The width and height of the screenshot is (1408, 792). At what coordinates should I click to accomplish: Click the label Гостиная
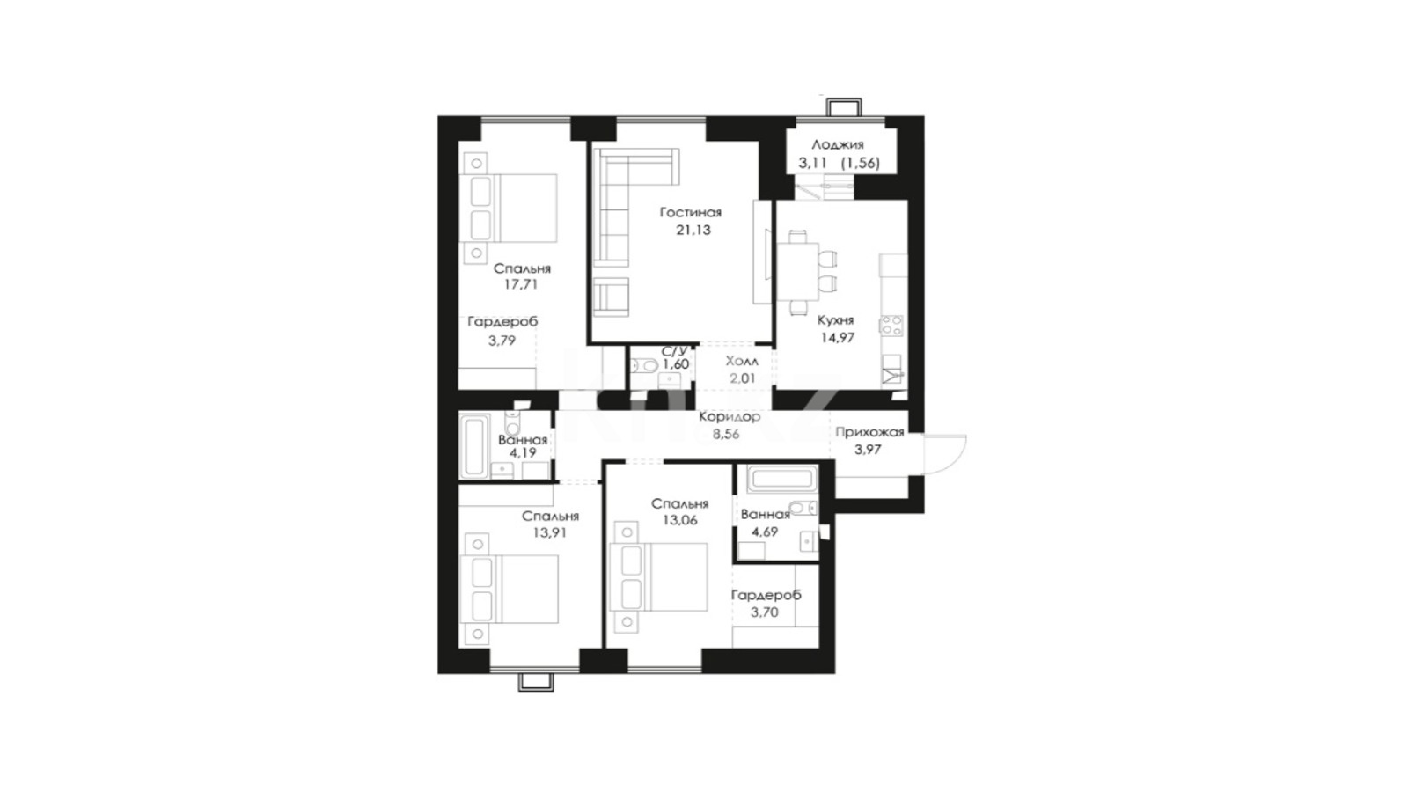[x=690, y=212]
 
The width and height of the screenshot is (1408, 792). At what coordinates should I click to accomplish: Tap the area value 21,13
[x=693, y=230]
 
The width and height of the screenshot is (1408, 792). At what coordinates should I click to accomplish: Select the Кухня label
[x=835, y=320]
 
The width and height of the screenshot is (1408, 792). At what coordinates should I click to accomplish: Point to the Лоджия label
[x=838, y=145]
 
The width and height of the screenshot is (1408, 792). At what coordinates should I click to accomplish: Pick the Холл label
[x=742, y=362]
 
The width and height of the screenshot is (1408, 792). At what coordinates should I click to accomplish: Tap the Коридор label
[x=730, y=417]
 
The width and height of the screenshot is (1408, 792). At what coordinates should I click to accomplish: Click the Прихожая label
[x=870, y=432]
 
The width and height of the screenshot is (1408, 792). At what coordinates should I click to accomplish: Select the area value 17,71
[x=521, y=285]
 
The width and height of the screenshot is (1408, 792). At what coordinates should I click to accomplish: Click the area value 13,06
[x=680, y=520]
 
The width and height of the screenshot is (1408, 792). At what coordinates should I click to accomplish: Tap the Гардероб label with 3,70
[x=766, y=595]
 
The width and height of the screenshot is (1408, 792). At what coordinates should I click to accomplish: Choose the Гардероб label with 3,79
[x=502, y=322]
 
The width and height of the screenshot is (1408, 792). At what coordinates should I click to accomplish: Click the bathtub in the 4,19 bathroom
[x=474, y=445]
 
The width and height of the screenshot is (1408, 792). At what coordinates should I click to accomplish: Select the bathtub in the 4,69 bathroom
[x=782, y=480]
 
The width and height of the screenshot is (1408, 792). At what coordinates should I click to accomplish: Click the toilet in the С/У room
[x=643, y=365]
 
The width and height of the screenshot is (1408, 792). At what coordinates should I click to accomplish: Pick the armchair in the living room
[x=611, y=296]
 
